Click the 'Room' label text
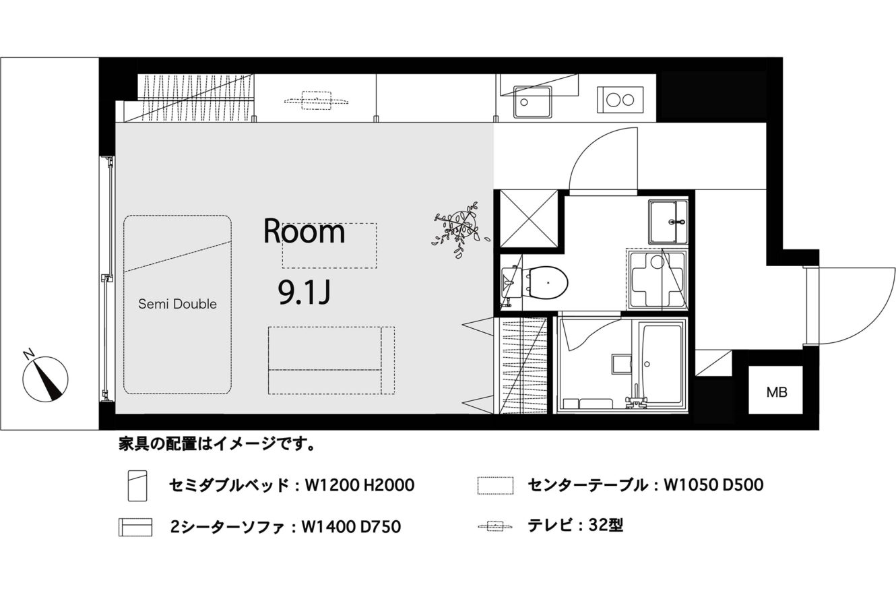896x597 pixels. click(304, 231)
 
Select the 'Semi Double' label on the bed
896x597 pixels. click(178, 304)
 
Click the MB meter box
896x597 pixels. click(776, 390)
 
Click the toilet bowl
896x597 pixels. click(548, 283)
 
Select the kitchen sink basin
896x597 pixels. click(532, 102)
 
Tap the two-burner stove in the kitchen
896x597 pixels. click(620, 100)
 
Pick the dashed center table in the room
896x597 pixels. click(329, 245)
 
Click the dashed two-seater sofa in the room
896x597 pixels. click(331, 360)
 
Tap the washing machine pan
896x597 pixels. click(658, 279)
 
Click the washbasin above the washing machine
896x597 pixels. click(667, 222)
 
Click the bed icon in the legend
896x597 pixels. click(137, 486)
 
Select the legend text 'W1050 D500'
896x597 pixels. click(713, 485)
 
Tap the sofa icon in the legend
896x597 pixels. click(135, 527)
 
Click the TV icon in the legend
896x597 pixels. click(494, 526)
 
